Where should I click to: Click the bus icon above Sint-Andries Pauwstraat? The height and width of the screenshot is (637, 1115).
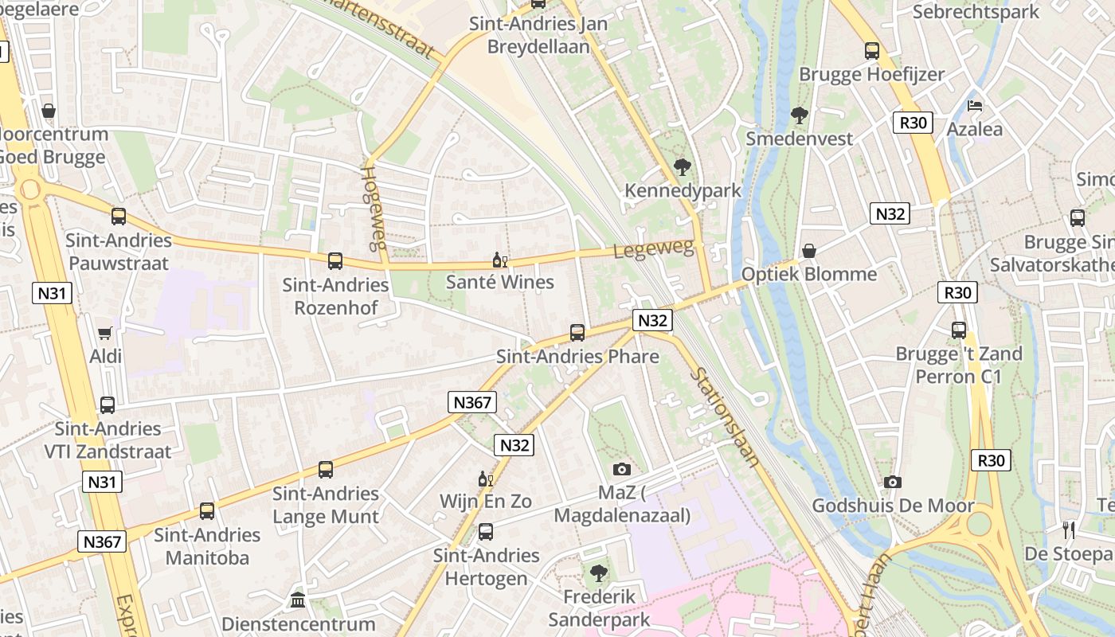[119, 216]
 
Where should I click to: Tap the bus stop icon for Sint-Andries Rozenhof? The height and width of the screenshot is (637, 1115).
[335, 260]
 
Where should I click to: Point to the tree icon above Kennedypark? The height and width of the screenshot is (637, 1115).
[682, 167]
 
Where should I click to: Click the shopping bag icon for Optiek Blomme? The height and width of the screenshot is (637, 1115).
[809, 251]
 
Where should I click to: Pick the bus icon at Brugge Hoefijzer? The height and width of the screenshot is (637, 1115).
[872, 51]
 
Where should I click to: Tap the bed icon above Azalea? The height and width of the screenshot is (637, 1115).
[974, 105]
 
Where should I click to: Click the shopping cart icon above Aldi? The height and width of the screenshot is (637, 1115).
[105, 333]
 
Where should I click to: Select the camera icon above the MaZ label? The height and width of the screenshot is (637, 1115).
[622, 470]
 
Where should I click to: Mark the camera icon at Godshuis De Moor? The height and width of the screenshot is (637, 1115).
[893, 482]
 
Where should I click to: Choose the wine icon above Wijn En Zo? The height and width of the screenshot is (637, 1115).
[485, 479]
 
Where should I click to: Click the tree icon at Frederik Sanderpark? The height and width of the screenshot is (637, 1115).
[598, 573]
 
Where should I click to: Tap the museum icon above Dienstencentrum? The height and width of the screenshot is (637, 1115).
[298, 600]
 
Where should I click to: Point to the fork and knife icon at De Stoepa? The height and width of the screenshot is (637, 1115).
[1069, 530]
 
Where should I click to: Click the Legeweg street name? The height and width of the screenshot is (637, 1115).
[653, 250]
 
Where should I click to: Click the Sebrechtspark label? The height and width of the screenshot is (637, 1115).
[976, 12]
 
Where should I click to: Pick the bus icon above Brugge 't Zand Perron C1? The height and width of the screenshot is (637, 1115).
[959, 330]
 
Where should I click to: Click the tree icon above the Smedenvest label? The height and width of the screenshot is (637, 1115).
[799, 115]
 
